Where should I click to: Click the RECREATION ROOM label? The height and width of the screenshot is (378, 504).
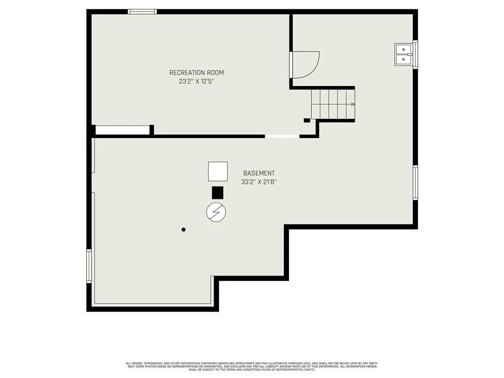click(196, 73)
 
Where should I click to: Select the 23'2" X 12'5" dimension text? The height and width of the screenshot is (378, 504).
click(196, 82)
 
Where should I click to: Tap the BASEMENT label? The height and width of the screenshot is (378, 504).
click(259, 173)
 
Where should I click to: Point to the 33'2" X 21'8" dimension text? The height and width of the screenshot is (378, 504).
click(259, 182)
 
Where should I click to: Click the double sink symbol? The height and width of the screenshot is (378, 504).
click(404, 54)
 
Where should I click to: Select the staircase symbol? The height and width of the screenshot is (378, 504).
click(333, 104)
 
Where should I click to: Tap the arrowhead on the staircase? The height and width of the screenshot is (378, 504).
click(352, 104)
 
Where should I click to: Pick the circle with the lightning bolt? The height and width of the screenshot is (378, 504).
click(216, 212)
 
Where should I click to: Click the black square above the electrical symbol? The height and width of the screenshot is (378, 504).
click(218, 192)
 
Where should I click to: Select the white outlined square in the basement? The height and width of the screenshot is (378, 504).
click(218, 171)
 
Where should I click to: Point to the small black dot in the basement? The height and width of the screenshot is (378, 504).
click(184, 229)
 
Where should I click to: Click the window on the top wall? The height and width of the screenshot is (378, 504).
click(142, 11)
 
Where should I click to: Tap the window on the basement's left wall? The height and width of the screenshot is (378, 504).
click(89, 266)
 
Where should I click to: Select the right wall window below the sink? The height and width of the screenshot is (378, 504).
click(415, 183)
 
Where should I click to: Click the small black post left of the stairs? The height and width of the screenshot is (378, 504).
click(307, 120)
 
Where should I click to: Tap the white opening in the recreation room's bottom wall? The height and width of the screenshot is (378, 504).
click(282, 136)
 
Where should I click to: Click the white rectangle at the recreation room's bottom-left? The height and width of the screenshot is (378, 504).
click(123, 130)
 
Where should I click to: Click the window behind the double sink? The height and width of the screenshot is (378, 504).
click(415, 54)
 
